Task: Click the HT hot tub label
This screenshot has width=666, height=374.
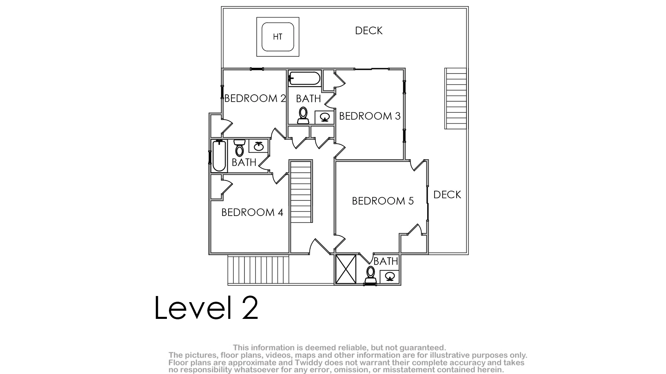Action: (x=277, y=37)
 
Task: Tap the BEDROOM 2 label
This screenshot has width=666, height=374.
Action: (x=255, y=98)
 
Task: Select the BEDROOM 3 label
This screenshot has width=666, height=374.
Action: (x=370, y=116)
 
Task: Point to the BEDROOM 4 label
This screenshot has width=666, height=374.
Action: (x=252, y=212)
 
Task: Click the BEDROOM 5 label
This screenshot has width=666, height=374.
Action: (x=383, y=201)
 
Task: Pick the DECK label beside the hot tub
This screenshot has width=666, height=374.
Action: (x=369, y=31)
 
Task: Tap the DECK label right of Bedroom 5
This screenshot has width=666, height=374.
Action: (x=447, y=195)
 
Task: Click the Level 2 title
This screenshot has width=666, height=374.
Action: (x=206, y=307)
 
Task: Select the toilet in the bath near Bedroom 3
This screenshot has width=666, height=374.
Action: (x=303, y=116)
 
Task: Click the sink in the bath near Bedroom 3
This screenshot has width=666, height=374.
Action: (x=324, y=117)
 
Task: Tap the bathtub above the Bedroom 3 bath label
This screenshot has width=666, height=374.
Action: (x=304, y=78)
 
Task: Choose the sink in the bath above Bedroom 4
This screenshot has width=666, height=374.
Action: (x=258, y=146)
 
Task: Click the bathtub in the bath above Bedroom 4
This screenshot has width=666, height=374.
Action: (x=219, y=156)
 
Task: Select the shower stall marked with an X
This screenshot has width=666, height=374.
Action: (x=346, y=269)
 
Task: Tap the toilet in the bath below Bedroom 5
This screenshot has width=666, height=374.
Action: (x=371, y=275)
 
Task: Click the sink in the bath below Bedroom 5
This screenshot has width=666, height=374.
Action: (x=389, y=277)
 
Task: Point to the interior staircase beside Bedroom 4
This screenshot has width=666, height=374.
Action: (x=301, y=191)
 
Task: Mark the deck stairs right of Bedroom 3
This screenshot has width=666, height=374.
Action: (x=455, y=98)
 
